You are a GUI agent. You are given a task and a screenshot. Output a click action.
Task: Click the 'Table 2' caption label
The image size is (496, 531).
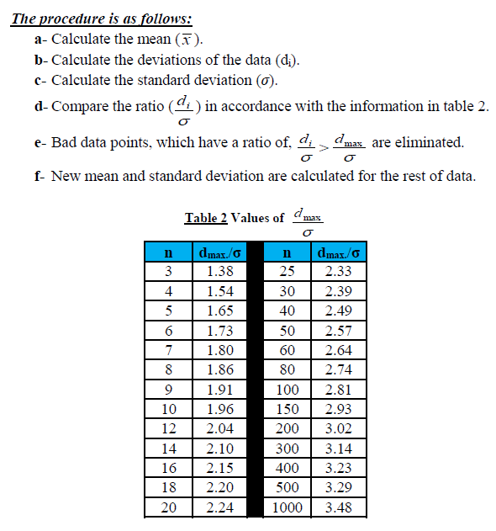coord(206,218)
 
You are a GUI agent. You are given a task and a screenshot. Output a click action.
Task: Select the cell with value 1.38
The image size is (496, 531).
coord(219,272)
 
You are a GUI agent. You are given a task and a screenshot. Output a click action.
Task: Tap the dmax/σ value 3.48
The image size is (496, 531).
coord(337,507)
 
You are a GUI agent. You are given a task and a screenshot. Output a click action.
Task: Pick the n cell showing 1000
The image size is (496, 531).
coord(288,507)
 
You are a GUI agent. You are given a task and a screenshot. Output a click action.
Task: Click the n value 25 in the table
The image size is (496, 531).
coord(288,272)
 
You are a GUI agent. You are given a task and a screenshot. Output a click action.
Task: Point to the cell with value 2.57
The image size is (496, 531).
coord(337,331)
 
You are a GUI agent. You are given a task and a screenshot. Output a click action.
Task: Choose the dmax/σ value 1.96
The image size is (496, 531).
coord(219,409)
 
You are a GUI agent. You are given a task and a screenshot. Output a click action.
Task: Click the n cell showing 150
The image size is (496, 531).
coord(288,409)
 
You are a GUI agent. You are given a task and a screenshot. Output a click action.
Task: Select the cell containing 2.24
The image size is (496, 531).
coord(219,507)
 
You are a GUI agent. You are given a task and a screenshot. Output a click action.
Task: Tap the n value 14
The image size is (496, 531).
coord(168,449)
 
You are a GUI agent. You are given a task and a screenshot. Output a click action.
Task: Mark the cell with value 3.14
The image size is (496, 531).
coord(337,449)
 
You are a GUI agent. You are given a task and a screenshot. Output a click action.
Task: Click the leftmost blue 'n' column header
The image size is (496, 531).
coord(168,252)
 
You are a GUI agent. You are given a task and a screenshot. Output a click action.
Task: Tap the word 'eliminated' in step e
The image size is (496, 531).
coord(430,142)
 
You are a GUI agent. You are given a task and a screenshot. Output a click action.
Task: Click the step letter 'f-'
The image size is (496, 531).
coord(40,177)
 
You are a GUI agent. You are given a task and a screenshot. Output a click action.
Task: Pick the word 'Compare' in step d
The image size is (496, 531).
coord(79,106)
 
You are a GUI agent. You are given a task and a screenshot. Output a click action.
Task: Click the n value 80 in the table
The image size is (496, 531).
coord(288,370)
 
